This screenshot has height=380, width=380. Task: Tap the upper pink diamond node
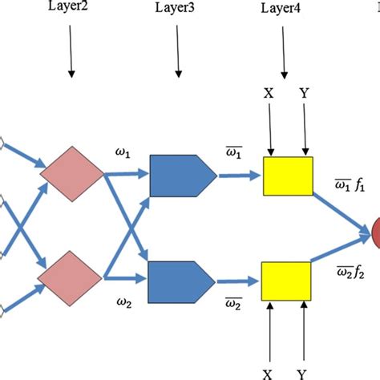(x=72, y=171)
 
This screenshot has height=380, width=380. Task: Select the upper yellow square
(x=287, y=176)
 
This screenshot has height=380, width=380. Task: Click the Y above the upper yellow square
(x=305, y=93)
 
